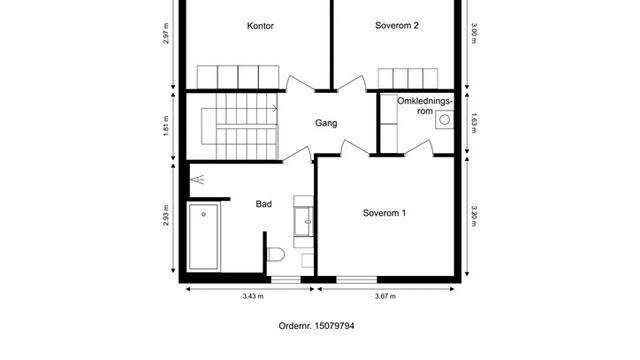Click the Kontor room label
point(260,26)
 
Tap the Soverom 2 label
point(397,25)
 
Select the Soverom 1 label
point(384,213)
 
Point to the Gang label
point(326,123)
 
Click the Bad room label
point(264,204)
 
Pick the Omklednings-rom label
point(425,106)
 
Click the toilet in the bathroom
point(276,254)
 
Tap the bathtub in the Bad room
point(204,236)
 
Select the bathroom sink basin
point(304,222)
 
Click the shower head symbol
point(198,180)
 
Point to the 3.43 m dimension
point(253,296)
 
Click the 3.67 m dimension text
point(385,296)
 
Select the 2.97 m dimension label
point(166,33)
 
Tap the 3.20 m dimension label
point(473,216)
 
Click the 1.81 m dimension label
point(166,126)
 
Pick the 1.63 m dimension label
point(473,123)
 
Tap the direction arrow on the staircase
point(275,109)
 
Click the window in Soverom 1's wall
point(357,280)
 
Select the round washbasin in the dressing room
point(444,120)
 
